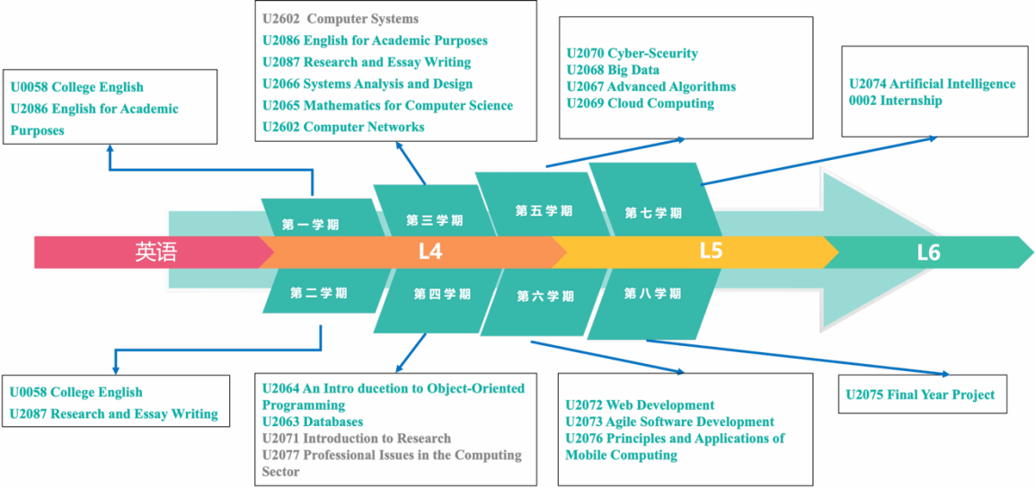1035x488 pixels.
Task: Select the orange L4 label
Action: click(x=430, y=253)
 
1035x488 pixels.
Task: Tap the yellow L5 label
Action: click(x=712, y=252)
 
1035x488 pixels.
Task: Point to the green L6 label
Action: click(x=928, y=253)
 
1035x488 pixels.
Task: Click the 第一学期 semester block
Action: click(x=323, y=217)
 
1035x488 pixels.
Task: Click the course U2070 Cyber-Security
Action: click(x=632, y=54)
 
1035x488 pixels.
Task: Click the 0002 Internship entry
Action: click(x=895, y=101)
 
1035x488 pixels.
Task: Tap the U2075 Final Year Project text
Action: click(x=920, y=395)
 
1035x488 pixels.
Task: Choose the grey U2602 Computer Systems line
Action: click(x=341, y=19)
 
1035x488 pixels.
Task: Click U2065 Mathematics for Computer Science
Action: click(x=387, y=106)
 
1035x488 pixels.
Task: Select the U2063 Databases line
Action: click(x=313, y=421)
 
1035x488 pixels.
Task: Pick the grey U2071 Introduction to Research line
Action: click(x=357, y=439)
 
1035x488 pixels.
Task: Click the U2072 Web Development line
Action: click(x=641, y=404)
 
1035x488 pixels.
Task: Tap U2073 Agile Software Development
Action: click(x=670, y=421)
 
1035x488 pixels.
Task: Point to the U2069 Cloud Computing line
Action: click(x=641, y=103)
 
